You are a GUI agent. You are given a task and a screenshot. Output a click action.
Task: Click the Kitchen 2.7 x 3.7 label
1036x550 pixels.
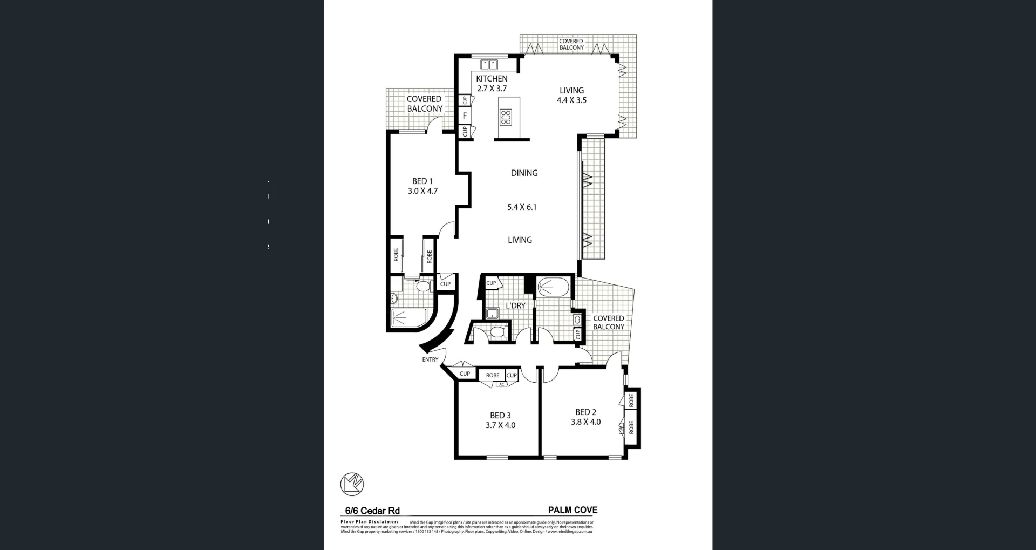click(x=492, y=84)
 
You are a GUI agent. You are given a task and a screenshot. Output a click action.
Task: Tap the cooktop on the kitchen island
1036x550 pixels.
click(x=506, y=117)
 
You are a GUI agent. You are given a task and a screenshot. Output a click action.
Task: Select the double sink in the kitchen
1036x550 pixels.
click(x=489, y=65)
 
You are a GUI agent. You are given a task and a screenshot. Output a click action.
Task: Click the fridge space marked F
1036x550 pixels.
click(x=465, y=116)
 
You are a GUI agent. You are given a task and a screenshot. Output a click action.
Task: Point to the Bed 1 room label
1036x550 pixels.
click(x=422, y=186)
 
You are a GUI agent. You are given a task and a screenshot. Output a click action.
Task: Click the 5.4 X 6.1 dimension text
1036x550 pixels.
click(x=522, y=207)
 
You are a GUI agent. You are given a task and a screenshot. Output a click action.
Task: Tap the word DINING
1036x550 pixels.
click(x=524, y=173)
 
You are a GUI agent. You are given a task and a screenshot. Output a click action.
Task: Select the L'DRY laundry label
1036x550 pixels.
click(x=515, y=305)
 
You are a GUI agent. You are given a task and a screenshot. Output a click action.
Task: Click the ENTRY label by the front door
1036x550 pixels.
click(x=430, y=359)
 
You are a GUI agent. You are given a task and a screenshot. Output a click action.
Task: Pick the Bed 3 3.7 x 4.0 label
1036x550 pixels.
click(x=500, y=420)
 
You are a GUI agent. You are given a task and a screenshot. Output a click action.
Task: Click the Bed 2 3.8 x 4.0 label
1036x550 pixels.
click(x=585, y=417)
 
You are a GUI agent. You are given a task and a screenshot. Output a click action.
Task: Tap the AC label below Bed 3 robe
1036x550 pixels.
click(x=501, y=384)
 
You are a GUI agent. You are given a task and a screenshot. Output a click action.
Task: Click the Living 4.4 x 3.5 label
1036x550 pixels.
click(x=571, y=95)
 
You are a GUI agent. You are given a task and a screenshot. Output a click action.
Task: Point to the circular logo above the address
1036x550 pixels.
click(x=352, y=484)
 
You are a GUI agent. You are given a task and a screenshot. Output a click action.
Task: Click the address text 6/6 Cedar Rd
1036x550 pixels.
click(x=372, y=511)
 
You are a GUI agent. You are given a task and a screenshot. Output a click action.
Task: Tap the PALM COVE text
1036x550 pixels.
click(x=572, y=510)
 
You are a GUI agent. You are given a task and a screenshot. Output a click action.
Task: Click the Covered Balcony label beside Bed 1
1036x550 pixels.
click(x=424, y=104)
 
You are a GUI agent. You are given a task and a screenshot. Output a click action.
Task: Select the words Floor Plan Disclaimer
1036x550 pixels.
click(x=369, y=522)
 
